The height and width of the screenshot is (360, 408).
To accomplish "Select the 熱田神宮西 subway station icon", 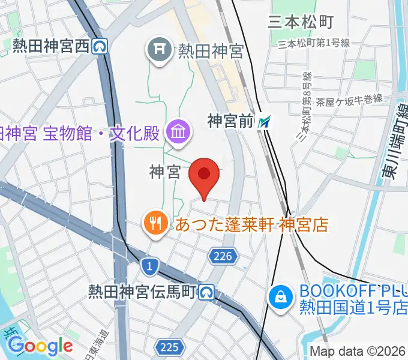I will tap(101, 45).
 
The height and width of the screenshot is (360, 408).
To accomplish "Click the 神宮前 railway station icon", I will tap(265, 122).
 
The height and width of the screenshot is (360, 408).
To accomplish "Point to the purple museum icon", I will tap(178, 131).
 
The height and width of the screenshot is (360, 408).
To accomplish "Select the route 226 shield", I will tap(221, 257).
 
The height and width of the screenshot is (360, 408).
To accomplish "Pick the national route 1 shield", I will tap(148, 264).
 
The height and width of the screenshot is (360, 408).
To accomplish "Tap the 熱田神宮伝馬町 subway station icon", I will tap(208, 292).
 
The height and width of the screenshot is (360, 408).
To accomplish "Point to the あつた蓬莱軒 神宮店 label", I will tap(252, 225).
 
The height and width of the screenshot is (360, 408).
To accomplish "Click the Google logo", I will tap(40, 346).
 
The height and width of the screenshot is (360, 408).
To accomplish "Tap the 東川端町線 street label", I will tap(394, 144).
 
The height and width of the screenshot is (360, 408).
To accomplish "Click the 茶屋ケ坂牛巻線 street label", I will tap(350, 100).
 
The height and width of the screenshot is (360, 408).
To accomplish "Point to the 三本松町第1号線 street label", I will tap(315, 43).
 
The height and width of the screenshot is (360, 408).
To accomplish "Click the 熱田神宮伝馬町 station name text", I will tap(143, 292).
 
